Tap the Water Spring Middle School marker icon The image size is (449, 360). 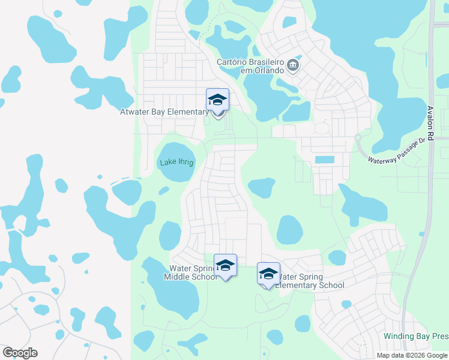tap(225, 265)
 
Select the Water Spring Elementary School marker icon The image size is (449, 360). tap(268, 274)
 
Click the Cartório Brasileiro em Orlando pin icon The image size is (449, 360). tap(293, 65)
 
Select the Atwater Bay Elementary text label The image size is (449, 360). tap(164, 111)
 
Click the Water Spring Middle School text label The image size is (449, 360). tap(191, 272)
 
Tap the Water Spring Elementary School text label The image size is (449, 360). tap(310, 281)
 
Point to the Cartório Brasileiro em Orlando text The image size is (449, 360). tap(251, 66)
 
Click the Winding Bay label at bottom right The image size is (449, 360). tap(416, 337)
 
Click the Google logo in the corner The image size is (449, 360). tap(20, 353)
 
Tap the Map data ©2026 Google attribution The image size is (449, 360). tap(412, 355)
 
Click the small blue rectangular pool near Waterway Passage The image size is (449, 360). tap(325, 160)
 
